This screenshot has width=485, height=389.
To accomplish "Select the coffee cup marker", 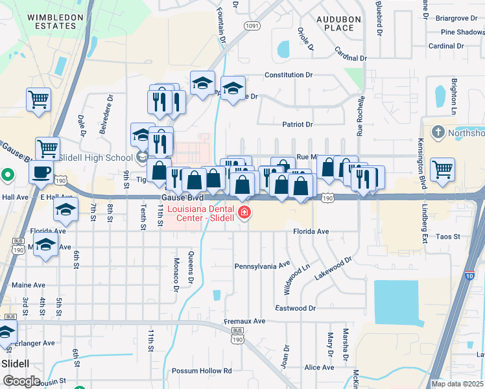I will tap(42, 172).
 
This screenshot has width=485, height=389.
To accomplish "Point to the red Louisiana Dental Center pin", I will tap(244, 213).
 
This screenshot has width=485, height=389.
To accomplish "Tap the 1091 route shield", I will tap(252, 25).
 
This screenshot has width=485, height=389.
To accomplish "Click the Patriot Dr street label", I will tap(298, 124).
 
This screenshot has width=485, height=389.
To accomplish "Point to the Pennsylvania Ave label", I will tap(262, 266).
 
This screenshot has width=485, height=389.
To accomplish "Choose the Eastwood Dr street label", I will tap(295, 309).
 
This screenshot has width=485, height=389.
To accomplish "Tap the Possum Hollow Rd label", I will tap(202, 371).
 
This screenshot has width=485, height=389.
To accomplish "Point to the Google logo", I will tap(21, 381).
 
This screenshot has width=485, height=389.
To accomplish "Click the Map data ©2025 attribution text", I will tap(456, 384).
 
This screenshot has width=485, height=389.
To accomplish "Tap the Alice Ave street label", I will tap(319, 368).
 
